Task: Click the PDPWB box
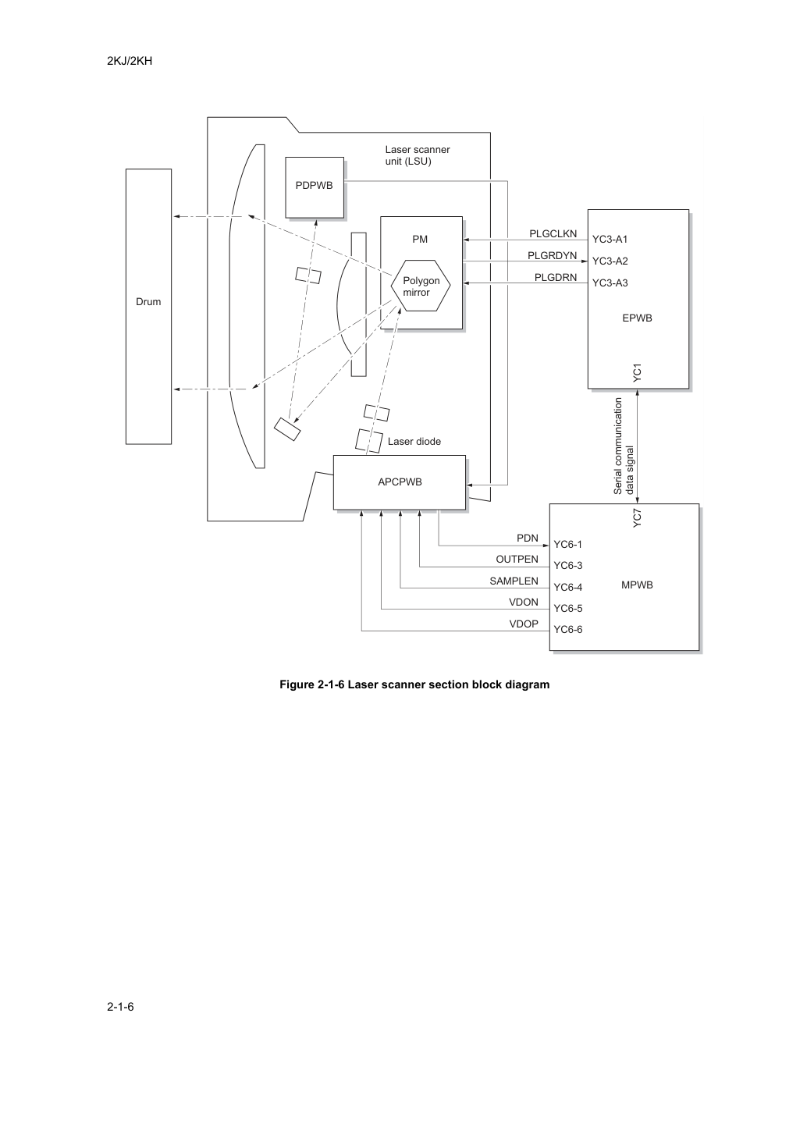(x=315, y=187)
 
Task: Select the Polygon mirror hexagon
(x=421, y=286)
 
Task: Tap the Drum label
(x=148, y=301)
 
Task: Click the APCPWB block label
(x=400, y=482)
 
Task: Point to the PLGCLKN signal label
(x=553, y=234)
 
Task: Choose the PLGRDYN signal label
(x=553, y=256)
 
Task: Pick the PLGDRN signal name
(x=556, y=278)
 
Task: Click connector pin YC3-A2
(x=610, y=261)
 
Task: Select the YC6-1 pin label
(x=567, y=545)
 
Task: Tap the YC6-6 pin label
(x=568, y=630)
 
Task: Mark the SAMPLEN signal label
(x=514, y=581)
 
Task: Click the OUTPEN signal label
(x=517, y=560)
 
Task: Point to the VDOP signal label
(x=524, y=624)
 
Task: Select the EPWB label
(x=638, y=318)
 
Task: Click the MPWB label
(x=637, y=585)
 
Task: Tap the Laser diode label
(x=414, y=442)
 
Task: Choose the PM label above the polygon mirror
(x=420, y=240)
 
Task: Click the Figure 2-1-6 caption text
(x=414, y=684)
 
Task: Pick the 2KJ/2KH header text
(x=130, y=61)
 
